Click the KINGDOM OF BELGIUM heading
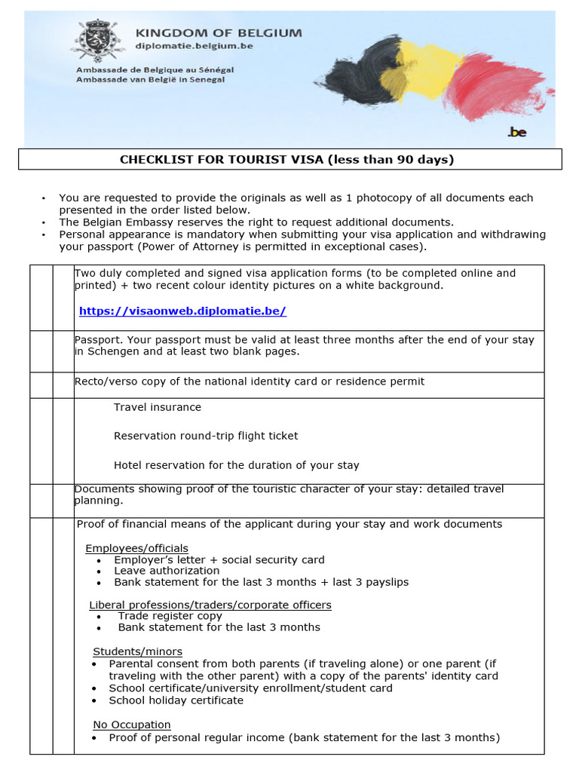[218, 32]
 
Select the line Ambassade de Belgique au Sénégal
[155, 69]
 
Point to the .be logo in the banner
[517, 132]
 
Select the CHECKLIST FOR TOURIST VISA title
[287, 159]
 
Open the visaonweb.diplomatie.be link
[182, 311]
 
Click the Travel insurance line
[158, 407]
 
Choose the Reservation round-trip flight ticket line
[206, 436]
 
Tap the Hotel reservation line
[236, 465]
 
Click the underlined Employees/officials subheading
[136, 548]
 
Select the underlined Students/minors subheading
[137, 651]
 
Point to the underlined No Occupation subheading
[131, 725]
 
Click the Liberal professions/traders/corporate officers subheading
[210, 605]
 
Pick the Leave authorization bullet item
[167, 571]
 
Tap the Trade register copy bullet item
[170, 616]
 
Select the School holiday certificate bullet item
[176, 700]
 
